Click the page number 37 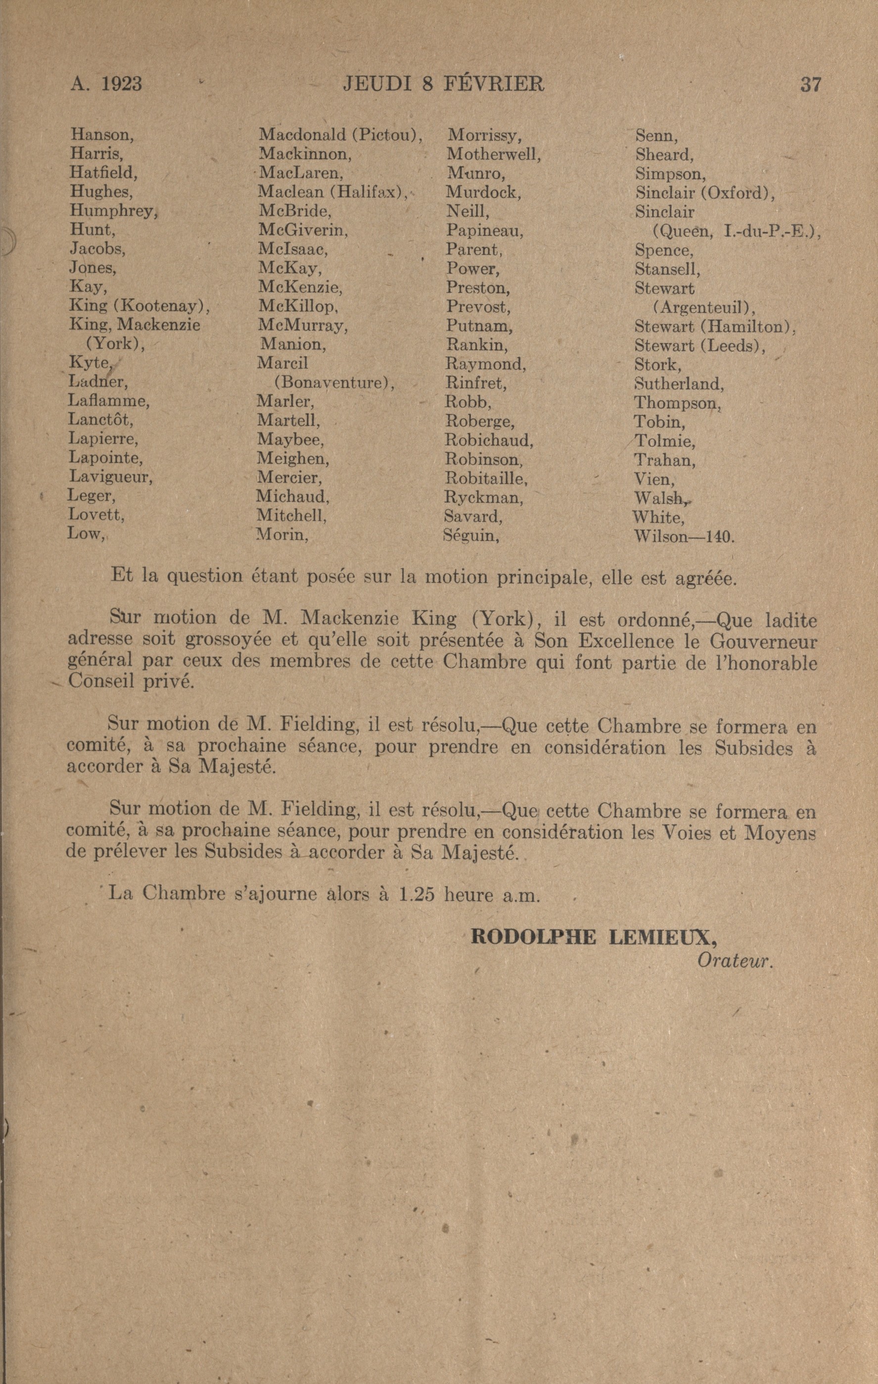[x=810, y=85]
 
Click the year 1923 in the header [x=121, y=84]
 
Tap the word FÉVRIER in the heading [x=494, y=84]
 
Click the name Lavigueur [x=110, y=477]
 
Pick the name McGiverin [x=302, y=230]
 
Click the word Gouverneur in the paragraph [x=764, y=641]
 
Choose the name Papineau [x=484, y=231]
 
